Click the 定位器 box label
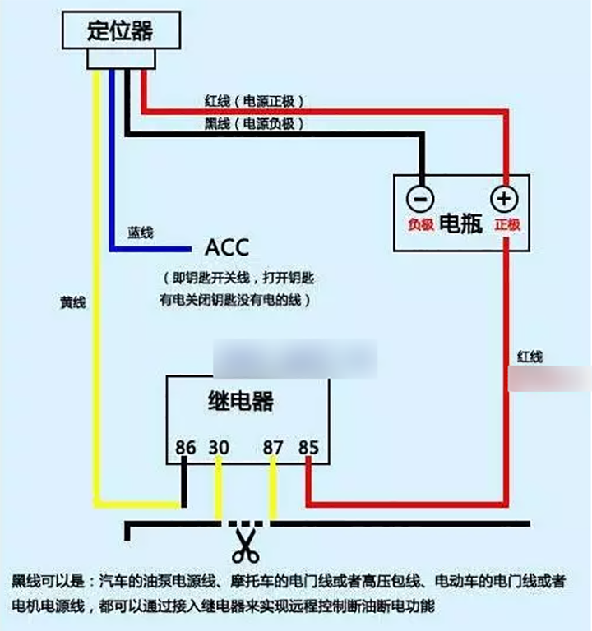click(120, 31)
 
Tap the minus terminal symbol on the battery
click(419, 198)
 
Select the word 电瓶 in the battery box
click(461, 224)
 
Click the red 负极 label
click(420, 224)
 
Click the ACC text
click(226, 246)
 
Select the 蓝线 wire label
click(141, 233)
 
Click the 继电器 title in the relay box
click(238, 403)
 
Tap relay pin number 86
click(186, 448)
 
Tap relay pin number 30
click(219, 448)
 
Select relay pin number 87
click(273, 448)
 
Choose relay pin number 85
click(308, 448)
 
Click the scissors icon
click(244, 544)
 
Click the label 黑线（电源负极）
click(255, 124)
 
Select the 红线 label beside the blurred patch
click(530, 357)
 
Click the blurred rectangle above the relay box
click(294, 359)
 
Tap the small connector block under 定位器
click(120, 58)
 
